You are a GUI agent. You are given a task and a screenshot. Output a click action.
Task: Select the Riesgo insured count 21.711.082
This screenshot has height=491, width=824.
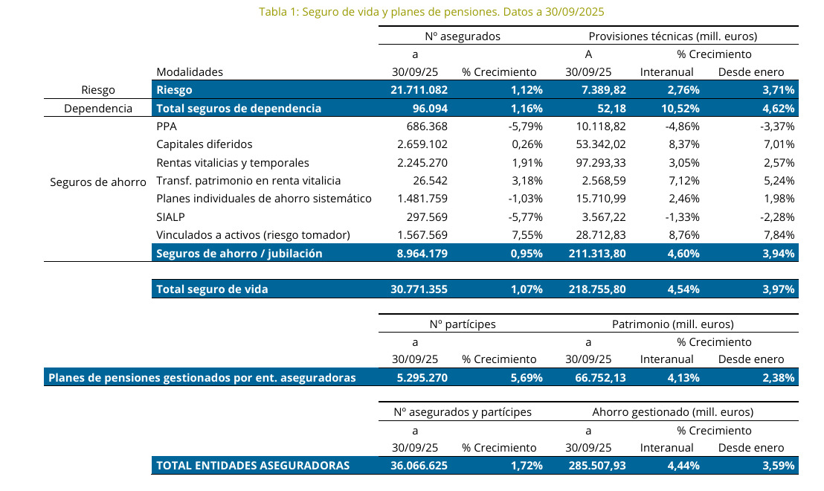click(420, 90)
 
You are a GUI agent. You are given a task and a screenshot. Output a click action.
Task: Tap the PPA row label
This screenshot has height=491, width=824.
click(166, 126)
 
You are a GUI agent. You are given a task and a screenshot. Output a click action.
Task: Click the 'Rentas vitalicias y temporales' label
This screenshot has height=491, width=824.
click(232, 162)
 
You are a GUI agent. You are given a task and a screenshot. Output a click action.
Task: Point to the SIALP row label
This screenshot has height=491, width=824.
click(170, 216)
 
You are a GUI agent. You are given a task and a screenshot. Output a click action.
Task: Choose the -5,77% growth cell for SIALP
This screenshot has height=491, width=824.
click(522, 216)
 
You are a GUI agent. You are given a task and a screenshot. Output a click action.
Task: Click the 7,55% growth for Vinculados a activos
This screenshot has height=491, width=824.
click(525, 235)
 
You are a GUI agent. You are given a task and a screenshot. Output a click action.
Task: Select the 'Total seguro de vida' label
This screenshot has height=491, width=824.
click(212, 289)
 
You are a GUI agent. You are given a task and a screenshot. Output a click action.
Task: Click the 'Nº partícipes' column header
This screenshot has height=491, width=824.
click(463, 324)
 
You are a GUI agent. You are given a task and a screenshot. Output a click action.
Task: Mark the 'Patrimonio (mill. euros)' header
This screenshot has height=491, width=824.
click(672, 324)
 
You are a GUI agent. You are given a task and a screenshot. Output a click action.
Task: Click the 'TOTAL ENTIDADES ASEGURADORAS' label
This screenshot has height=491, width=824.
click(253, 466)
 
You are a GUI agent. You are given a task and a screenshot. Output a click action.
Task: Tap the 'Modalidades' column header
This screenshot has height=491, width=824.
click(190, 72)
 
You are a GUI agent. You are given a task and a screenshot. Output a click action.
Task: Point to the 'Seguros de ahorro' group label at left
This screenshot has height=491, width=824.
click(97, 181)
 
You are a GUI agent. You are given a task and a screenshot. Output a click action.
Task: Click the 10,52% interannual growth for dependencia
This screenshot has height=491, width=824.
click(673, 109)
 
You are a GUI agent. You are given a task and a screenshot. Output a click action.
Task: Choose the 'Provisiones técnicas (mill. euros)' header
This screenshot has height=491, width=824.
click(672, 36)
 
